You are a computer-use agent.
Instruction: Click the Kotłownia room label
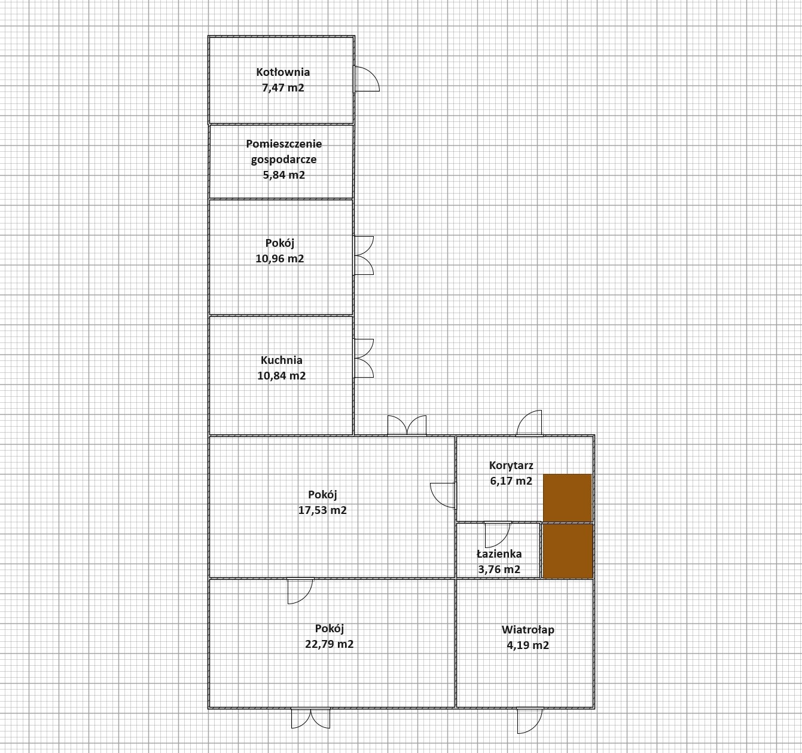[x=283, y=72]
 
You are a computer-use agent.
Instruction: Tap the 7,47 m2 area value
[x=283, y=88]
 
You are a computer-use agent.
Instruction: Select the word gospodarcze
[x=283, y=160]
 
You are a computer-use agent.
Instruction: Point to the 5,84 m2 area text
[x=284, y=175]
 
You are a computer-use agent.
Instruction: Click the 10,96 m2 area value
[x=279, y=259]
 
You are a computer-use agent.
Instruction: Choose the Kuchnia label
[x=282, y=360]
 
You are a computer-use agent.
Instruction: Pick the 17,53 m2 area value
[x=322, y=510]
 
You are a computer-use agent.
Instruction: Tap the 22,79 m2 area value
[x=329, y=644]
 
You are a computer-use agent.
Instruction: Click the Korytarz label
[x=511, y=466]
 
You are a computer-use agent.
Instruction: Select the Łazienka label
[x=499, y=554]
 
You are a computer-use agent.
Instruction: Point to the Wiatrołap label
[x=528, y=629]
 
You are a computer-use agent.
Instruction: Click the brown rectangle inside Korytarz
[x=568, y=498]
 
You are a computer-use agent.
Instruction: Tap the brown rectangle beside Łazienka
[x=568, y=551]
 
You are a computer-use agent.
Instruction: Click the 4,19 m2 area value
[x=528, y=645]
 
